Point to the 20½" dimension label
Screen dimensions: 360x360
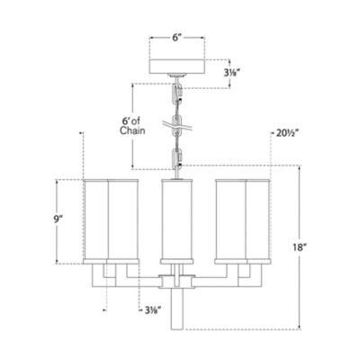[285, 133]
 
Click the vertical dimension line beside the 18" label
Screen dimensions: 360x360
[300, 245]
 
